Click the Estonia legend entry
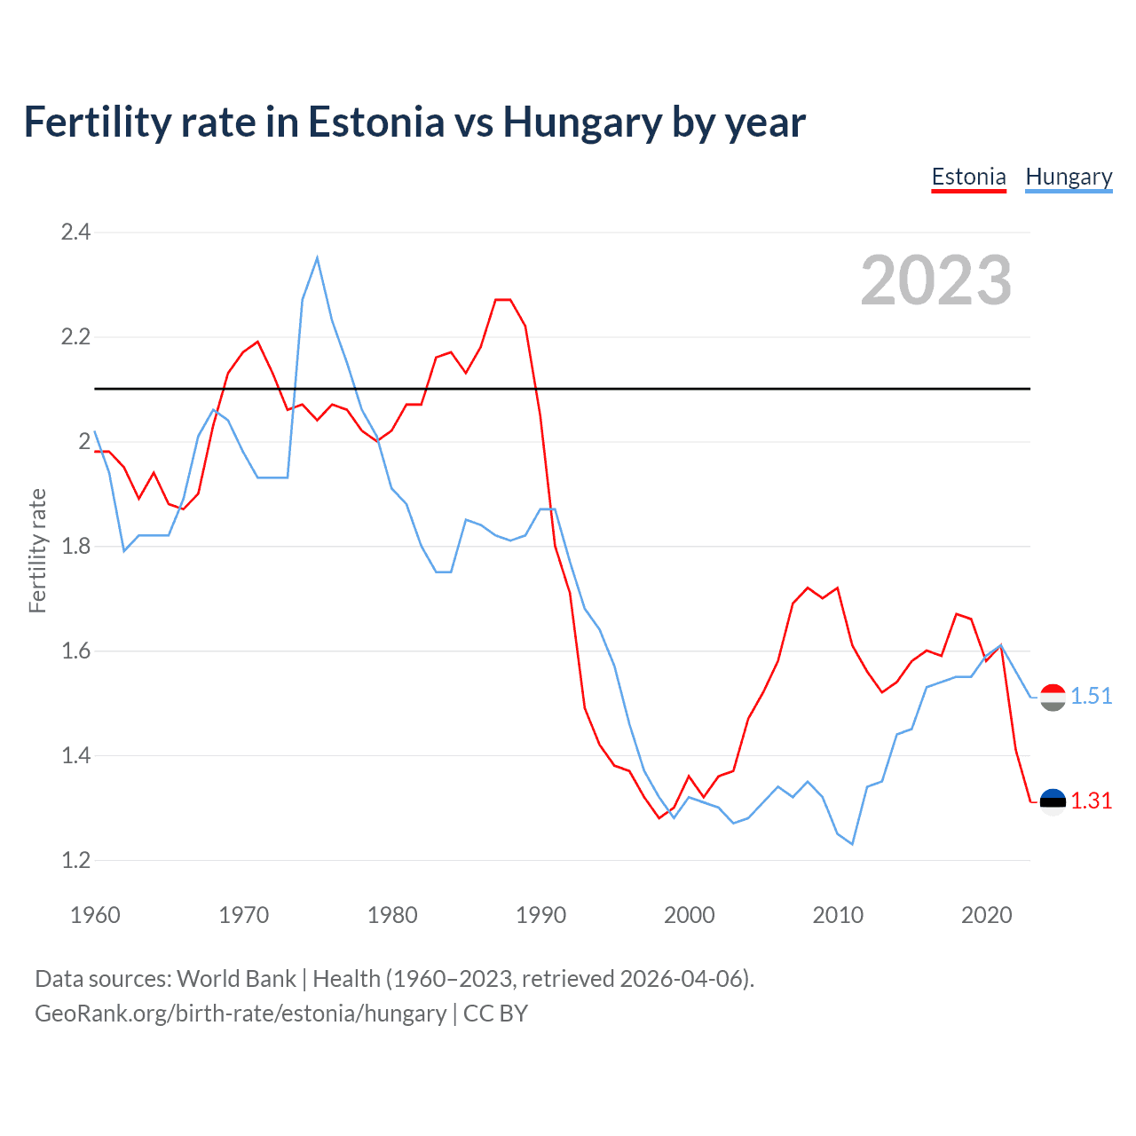(968, 177)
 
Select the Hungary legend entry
(1069, 177)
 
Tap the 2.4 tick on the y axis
(75, 233)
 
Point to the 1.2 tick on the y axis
(75, 860)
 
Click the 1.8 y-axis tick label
(75, 546)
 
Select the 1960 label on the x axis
(95, 915)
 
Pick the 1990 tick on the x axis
(540, 915)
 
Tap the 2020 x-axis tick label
(986, 915)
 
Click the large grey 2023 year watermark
(936, 280)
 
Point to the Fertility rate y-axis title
(37, 550)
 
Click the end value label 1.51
(1091, 696)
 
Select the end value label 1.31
(1091, 801)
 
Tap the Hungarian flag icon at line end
(1053, 698)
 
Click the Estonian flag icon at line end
(1053, 801)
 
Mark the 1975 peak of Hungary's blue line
(317, 258)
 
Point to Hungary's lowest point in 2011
(852, 844)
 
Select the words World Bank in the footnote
(236, 978)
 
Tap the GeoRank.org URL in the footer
(241, 1014)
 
